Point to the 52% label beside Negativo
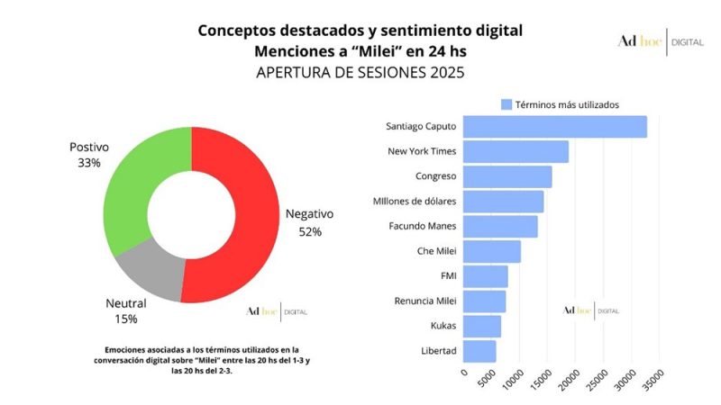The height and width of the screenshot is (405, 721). point(310,231)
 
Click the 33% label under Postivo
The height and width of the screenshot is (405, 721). point(89,163)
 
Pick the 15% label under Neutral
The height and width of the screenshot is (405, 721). point(125,319)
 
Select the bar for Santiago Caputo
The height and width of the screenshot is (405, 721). point(555,126)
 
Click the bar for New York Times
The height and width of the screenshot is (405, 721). point(516,151)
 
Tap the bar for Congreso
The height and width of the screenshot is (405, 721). point(507,176)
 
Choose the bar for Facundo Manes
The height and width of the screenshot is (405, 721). point(500,226)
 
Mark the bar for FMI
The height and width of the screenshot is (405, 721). point(486,276)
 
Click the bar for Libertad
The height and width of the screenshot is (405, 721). point(479,350)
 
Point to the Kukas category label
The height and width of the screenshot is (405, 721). point(442,326)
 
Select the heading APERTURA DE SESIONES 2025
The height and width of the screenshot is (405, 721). point(360,73)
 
